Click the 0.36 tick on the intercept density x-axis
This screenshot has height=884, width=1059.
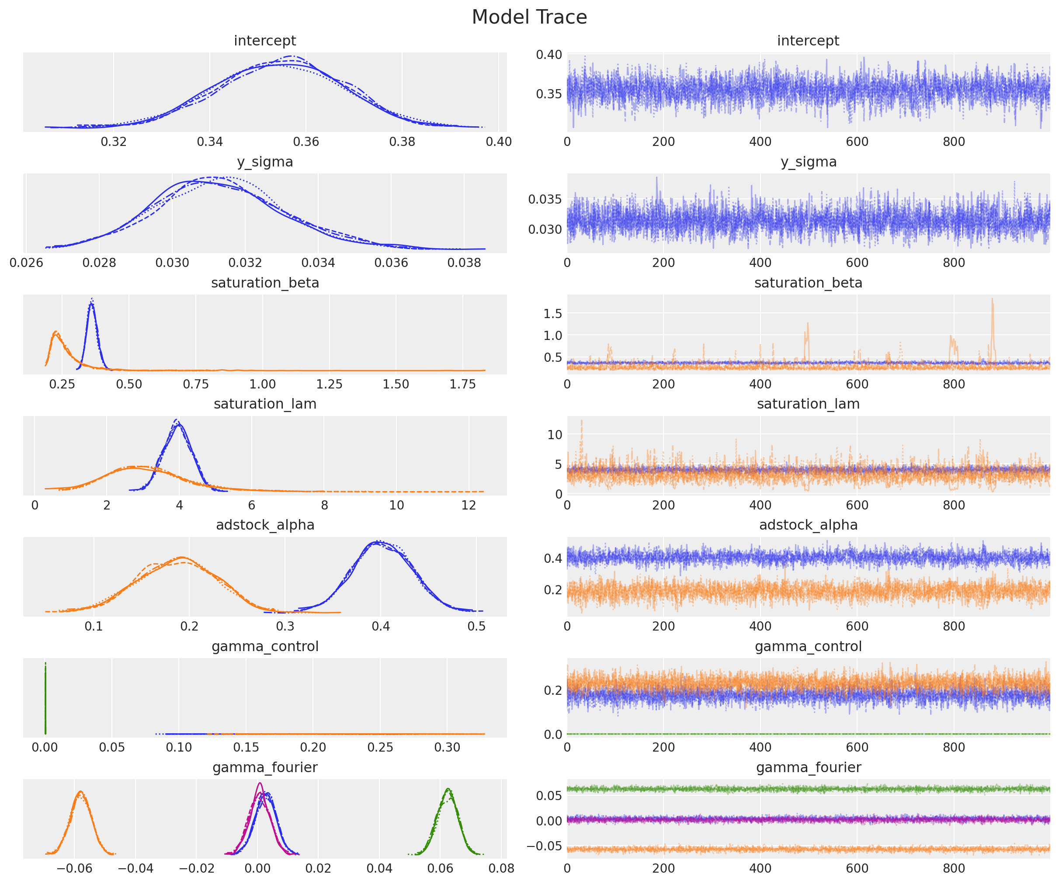click(x=306, y=142)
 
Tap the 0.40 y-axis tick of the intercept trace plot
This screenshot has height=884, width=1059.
click(x=549, y=55)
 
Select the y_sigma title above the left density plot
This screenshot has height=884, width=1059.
click(x=265, y=162)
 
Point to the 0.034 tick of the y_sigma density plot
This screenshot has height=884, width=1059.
click(x=318, y=263)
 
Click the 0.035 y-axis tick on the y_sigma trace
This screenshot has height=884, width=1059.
click(x=545, y=199)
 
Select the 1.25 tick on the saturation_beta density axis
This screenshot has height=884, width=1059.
click(x=329, y=384)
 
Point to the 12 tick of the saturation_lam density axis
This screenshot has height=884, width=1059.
click(x=469, y=505)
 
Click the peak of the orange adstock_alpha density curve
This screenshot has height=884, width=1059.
click(x=182, y=558)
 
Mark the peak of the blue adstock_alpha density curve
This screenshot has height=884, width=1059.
click(x=378, y=542)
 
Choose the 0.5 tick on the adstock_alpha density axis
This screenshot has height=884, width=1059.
click(x=476, y=626)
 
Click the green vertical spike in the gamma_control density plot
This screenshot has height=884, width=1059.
click(x=45, y=698)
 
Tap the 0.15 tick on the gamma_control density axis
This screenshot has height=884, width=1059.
click(x=246, y=747)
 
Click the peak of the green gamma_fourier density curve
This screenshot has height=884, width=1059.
click(x=448, y=789)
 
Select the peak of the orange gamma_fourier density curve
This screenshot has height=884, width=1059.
click(x=80, y=792)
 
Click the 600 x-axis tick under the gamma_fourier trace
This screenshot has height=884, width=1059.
click(x=857, y=868)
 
